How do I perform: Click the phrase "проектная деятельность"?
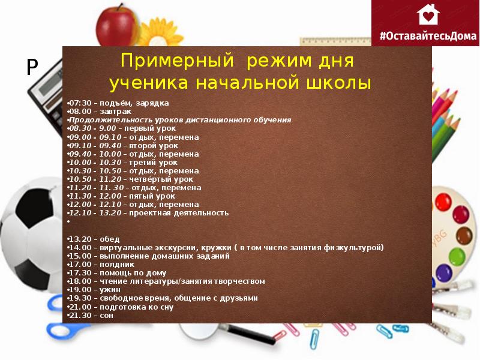(179, 212)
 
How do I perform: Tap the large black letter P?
(32, 67)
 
